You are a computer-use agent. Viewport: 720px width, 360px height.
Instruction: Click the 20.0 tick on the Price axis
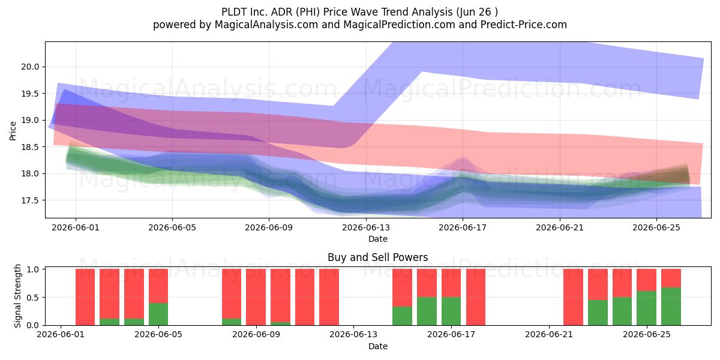click(30, 67)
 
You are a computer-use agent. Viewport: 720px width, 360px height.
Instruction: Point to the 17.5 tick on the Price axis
click(30, 200)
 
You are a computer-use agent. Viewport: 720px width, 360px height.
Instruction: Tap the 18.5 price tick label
click(30, 147)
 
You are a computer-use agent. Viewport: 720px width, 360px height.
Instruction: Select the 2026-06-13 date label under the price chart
click(366, 227)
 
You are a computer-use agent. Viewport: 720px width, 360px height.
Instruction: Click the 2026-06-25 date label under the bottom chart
click(647, 335)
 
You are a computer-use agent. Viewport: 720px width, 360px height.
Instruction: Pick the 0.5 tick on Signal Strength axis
click(33, 298)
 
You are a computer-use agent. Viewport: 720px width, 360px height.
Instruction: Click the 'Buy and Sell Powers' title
click(377, 257)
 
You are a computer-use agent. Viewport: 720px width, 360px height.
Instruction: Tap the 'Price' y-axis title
click(13, 131)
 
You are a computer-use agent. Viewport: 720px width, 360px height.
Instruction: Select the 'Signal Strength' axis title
click(17, 296)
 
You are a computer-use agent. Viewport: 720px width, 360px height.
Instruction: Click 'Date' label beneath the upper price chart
click(377, 239)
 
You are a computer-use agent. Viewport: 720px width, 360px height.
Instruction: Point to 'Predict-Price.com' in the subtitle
click(524, 25)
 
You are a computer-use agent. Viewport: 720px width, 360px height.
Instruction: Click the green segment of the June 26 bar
click(671, 307)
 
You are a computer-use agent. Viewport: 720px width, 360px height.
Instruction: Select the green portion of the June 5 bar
click(158, 314)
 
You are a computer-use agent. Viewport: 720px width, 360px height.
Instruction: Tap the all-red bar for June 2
click(85, 297)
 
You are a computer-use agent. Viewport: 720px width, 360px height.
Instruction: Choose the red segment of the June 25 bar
click(646, 280)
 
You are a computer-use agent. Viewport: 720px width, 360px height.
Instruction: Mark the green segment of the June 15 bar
click(402, 316)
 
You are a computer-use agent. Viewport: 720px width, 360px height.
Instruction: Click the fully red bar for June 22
click(573, 297)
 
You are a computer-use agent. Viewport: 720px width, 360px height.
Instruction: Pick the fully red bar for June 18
click(476, 297)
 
